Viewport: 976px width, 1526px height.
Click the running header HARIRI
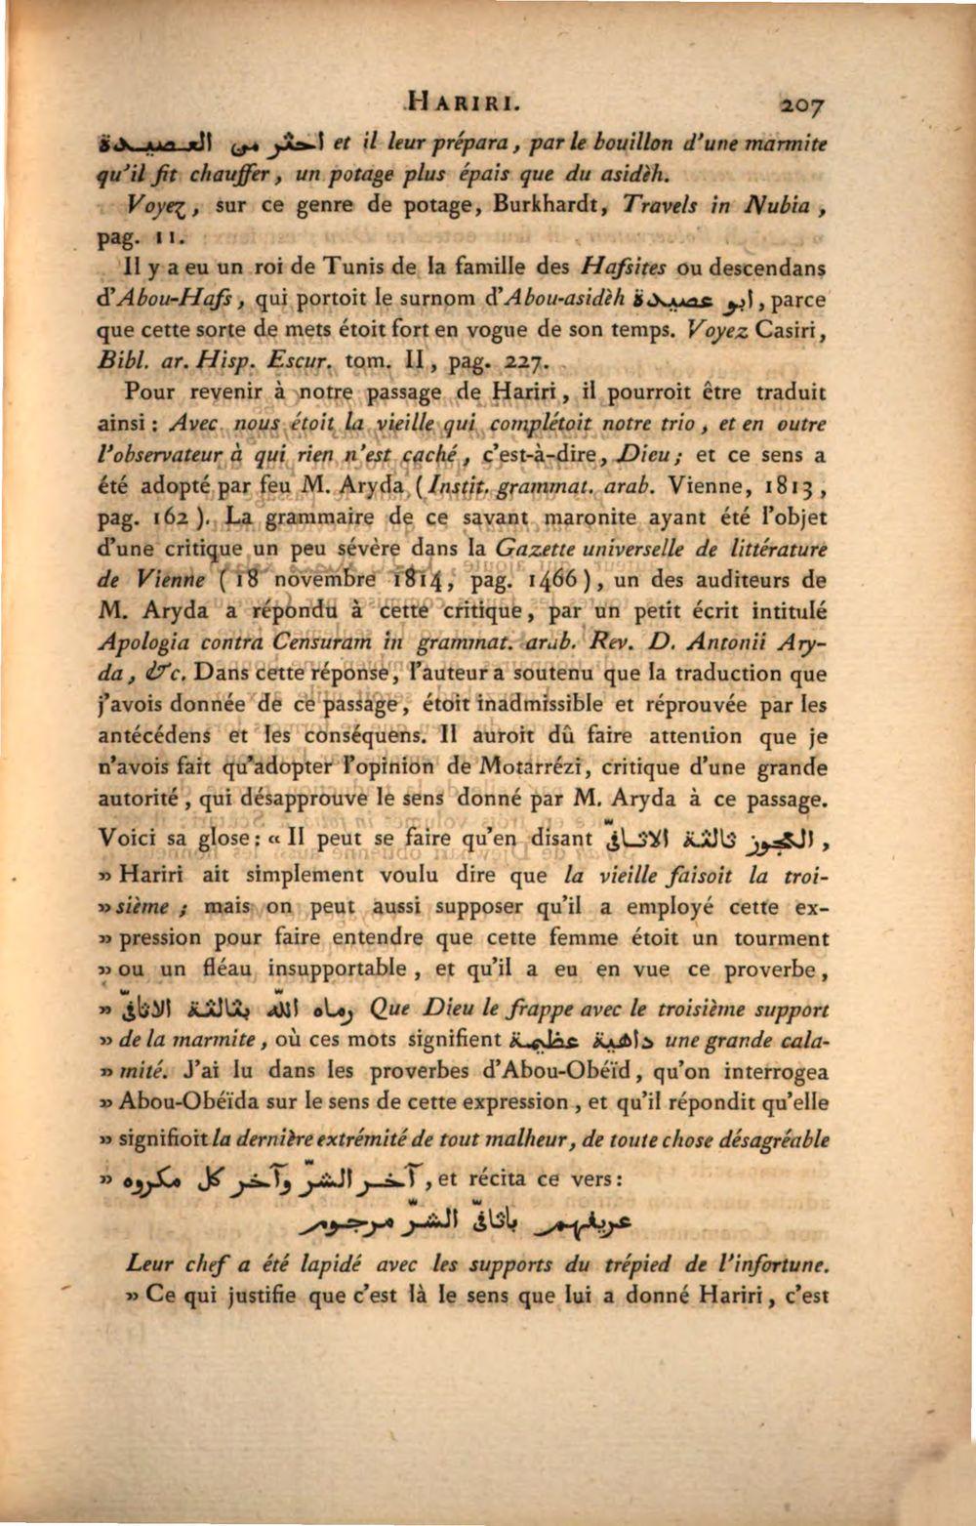click(x=466, y=101)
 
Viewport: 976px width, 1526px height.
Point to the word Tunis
click(x=337, y=267)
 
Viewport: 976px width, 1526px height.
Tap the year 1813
click(x=786, y=486)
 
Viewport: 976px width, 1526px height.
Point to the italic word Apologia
click(x=145, y=643)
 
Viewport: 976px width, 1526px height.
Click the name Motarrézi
click(x=531, y=767)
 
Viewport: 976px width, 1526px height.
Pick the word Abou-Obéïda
click(x=186, y=1102)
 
